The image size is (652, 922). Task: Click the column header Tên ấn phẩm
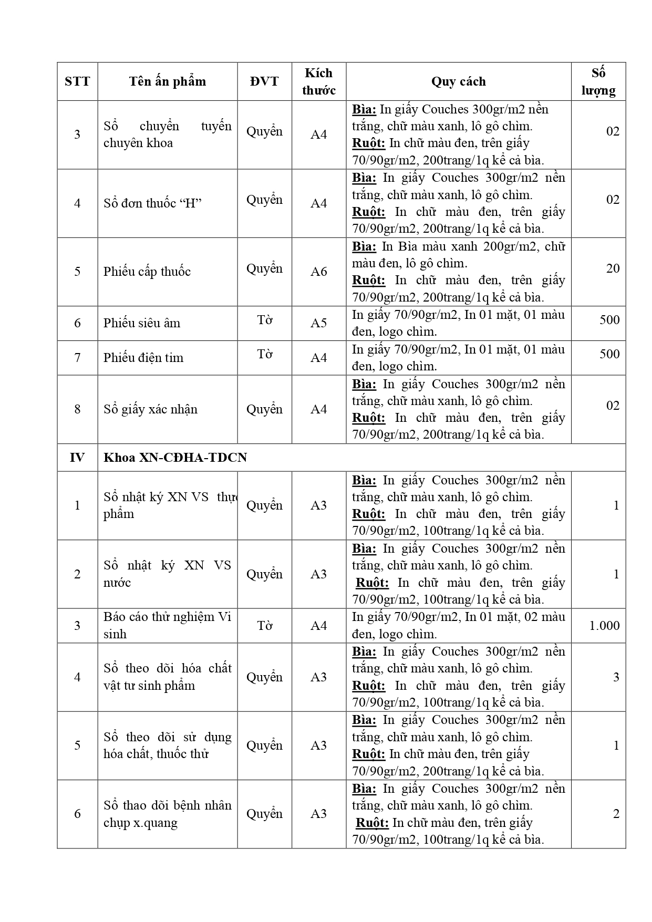[167, 81]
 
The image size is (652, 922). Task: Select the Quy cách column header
[458, 81]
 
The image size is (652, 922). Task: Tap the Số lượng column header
[598, 81]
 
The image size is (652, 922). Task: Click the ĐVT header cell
[264, 81]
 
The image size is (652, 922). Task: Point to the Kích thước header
[318, 81]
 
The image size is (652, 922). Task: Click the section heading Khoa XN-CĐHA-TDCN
[175, 458]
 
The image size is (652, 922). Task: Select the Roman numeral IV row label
[77, 458]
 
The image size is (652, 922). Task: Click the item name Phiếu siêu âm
[142, 323]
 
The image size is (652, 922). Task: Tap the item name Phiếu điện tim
[143, 358]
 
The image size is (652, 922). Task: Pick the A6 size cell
[318, 272]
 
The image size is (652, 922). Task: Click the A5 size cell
[318, 323]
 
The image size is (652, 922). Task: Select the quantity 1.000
[604, 626]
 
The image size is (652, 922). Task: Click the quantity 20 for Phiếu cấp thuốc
[613, 268]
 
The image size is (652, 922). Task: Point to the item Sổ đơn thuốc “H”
[152, 203]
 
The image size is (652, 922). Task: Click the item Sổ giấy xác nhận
[150, 409]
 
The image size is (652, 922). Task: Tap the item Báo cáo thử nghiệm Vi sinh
[167, 625]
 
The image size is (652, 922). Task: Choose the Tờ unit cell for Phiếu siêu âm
[264, 320]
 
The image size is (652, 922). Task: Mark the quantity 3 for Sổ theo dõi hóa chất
[616, 677]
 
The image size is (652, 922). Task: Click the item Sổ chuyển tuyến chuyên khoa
[167, 134]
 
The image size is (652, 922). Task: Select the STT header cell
[77, 81]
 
